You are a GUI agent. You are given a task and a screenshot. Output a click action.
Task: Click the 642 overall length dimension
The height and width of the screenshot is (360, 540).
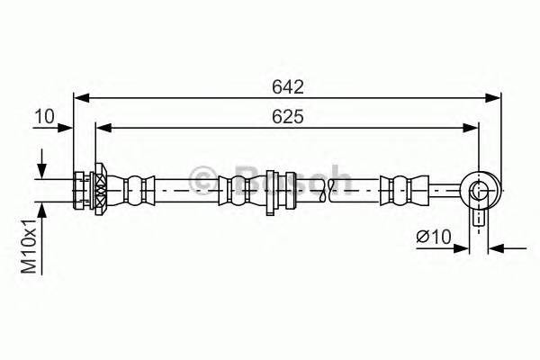pyautogui.click(x=287, y=87)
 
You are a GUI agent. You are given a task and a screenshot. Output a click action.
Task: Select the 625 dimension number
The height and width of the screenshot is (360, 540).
pyautogui.click(x=287, y=117)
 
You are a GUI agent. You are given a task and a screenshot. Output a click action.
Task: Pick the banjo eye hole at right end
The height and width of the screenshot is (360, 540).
pyautogui.click(x=478, y=190)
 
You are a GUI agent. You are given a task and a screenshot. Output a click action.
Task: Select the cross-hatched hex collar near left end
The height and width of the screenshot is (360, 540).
pyautogui.click(x=100, y=190)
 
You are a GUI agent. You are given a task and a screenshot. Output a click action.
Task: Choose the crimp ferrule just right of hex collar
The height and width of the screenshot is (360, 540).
pyautogui.click(x=135, y=190)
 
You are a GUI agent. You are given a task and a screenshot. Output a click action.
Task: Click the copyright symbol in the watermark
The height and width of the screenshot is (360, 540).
pyautogui.click(x=202, y=178)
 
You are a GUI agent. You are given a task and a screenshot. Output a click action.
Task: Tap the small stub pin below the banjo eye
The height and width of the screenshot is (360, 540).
pyautogui.click(x=479, y=218)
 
